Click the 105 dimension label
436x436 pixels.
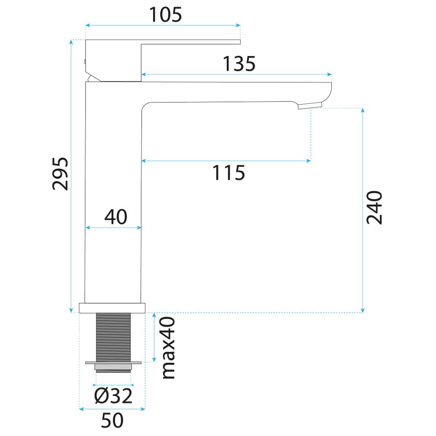165,14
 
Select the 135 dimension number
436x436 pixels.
239,64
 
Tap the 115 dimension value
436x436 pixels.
228,173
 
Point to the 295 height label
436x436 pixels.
60,174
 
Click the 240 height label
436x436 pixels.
374,208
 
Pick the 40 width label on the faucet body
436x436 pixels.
116,217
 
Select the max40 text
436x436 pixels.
168,348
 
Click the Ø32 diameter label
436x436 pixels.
113,396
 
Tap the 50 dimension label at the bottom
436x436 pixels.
112,420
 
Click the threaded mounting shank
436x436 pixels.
113,337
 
